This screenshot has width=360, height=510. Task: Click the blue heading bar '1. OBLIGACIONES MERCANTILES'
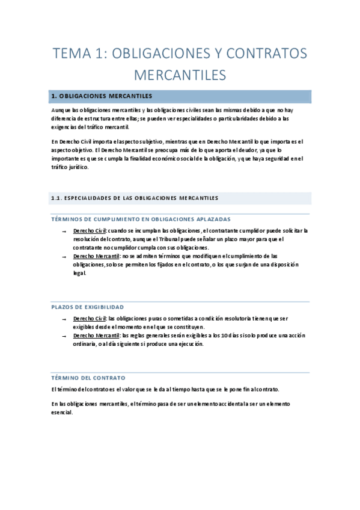click(x=180, y=96)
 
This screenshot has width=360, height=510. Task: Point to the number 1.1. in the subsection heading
click(x=55, y=198)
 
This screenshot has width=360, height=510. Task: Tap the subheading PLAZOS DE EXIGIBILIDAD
click(x=87, y=307)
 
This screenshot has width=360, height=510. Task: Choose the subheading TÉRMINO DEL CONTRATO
click(x=88, y=378)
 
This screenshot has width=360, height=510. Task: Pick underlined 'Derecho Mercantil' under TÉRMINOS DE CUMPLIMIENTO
click(x=96, y=256)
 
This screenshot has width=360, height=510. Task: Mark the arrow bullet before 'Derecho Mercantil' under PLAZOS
click(x=63, y=336)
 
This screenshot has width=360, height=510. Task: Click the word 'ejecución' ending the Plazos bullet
click(x=190, y=344)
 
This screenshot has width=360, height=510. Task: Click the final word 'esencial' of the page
click(x=62, y=413)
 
